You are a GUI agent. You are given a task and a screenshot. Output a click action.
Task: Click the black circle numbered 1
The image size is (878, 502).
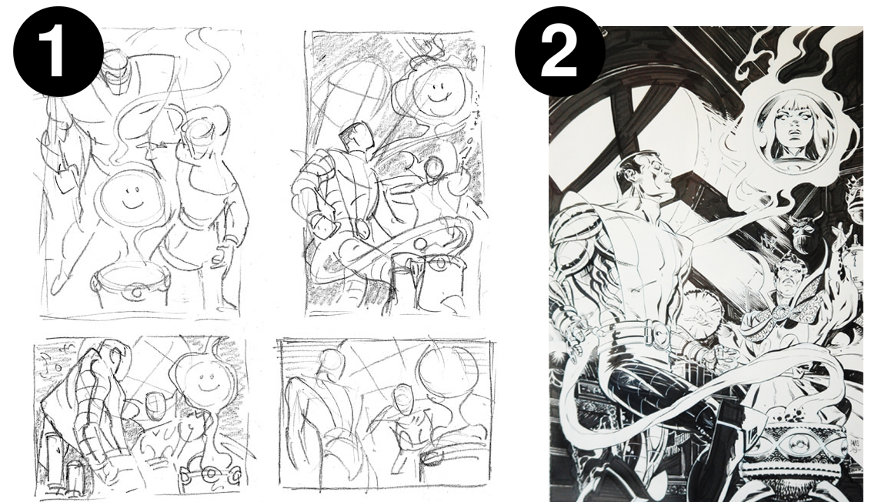click(x=58, y=51)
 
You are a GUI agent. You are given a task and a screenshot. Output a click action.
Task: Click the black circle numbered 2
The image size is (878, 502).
click(x=559, y=51)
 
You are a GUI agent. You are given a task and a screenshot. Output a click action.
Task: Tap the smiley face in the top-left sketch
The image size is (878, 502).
click(x=132, y=196)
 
